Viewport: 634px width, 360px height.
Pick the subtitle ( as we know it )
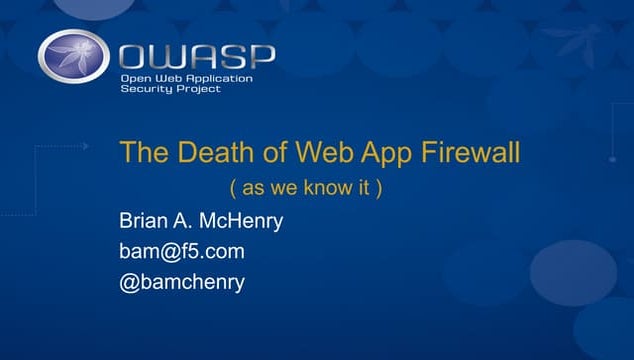point(306,189)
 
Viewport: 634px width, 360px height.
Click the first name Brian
point(145,221)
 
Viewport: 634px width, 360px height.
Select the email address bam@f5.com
point(181,251)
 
